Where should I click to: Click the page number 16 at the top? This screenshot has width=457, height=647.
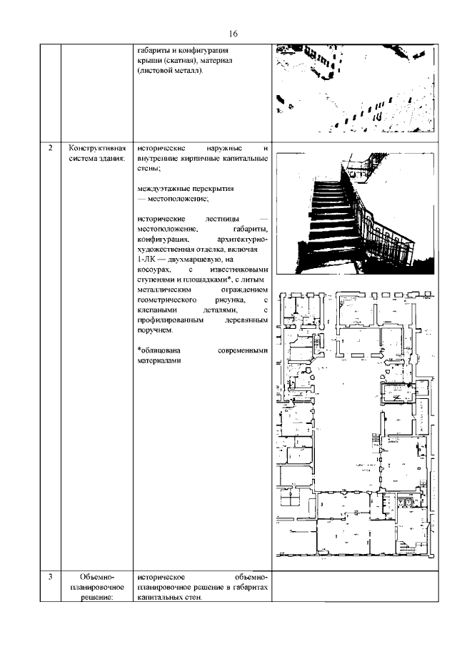pyautogui.click(x=233, y=34)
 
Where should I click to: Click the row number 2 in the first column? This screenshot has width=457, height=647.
pyautogui.click(x=49, y=148)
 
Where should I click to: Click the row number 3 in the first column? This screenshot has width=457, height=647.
pyautogui.click(x=49, y=576)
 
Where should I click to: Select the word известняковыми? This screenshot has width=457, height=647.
pyautogui.click(x=238, y=270)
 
